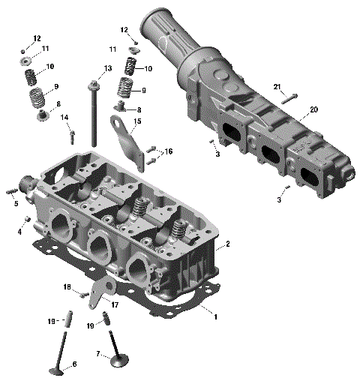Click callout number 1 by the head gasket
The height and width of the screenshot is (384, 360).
(216, 316)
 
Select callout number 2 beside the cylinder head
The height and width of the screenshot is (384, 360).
(227, 244)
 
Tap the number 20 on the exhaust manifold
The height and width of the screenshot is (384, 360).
(313, 109)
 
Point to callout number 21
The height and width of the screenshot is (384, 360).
(277, 87)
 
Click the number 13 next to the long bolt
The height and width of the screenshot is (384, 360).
(108, 69)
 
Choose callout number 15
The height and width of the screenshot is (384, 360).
(137, 121)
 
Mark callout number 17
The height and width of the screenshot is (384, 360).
(115, 304)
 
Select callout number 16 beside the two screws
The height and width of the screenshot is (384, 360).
(169, 151)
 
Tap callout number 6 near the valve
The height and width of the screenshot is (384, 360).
(74, 365)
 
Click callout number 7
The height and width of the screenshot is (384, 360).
(97, 353)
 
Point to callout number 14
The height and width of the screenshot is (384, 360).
(64, 117)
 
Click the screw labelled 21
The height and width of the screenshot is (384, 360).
(291, 96)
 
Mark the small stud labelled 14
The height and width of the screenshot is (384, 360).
(72, 137)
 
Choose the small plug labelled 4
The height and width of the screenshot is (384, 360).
(28, 219)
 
